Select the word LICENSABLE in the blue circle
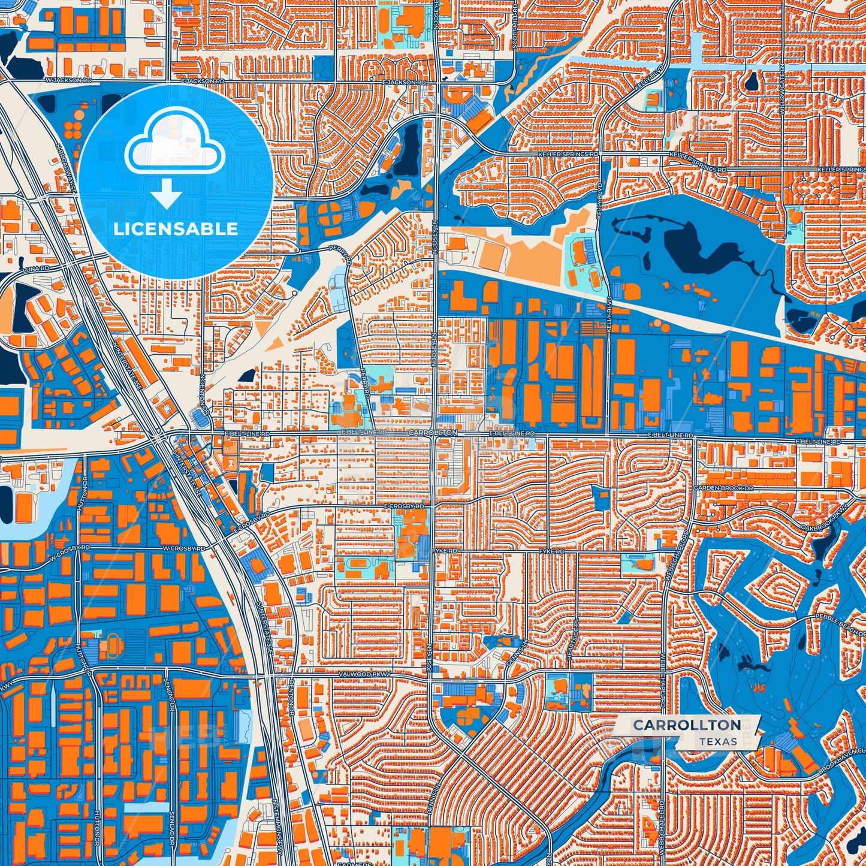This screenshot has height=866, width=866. point(176,229)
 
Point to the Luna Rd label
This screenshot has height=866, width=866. point(35,269)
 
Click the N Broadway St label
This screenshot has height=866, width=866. point(66,168)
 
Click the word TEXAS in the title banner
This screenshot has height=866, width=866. point(717,741)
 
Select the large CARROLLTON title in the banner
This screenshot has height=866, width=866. point(686,725)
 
